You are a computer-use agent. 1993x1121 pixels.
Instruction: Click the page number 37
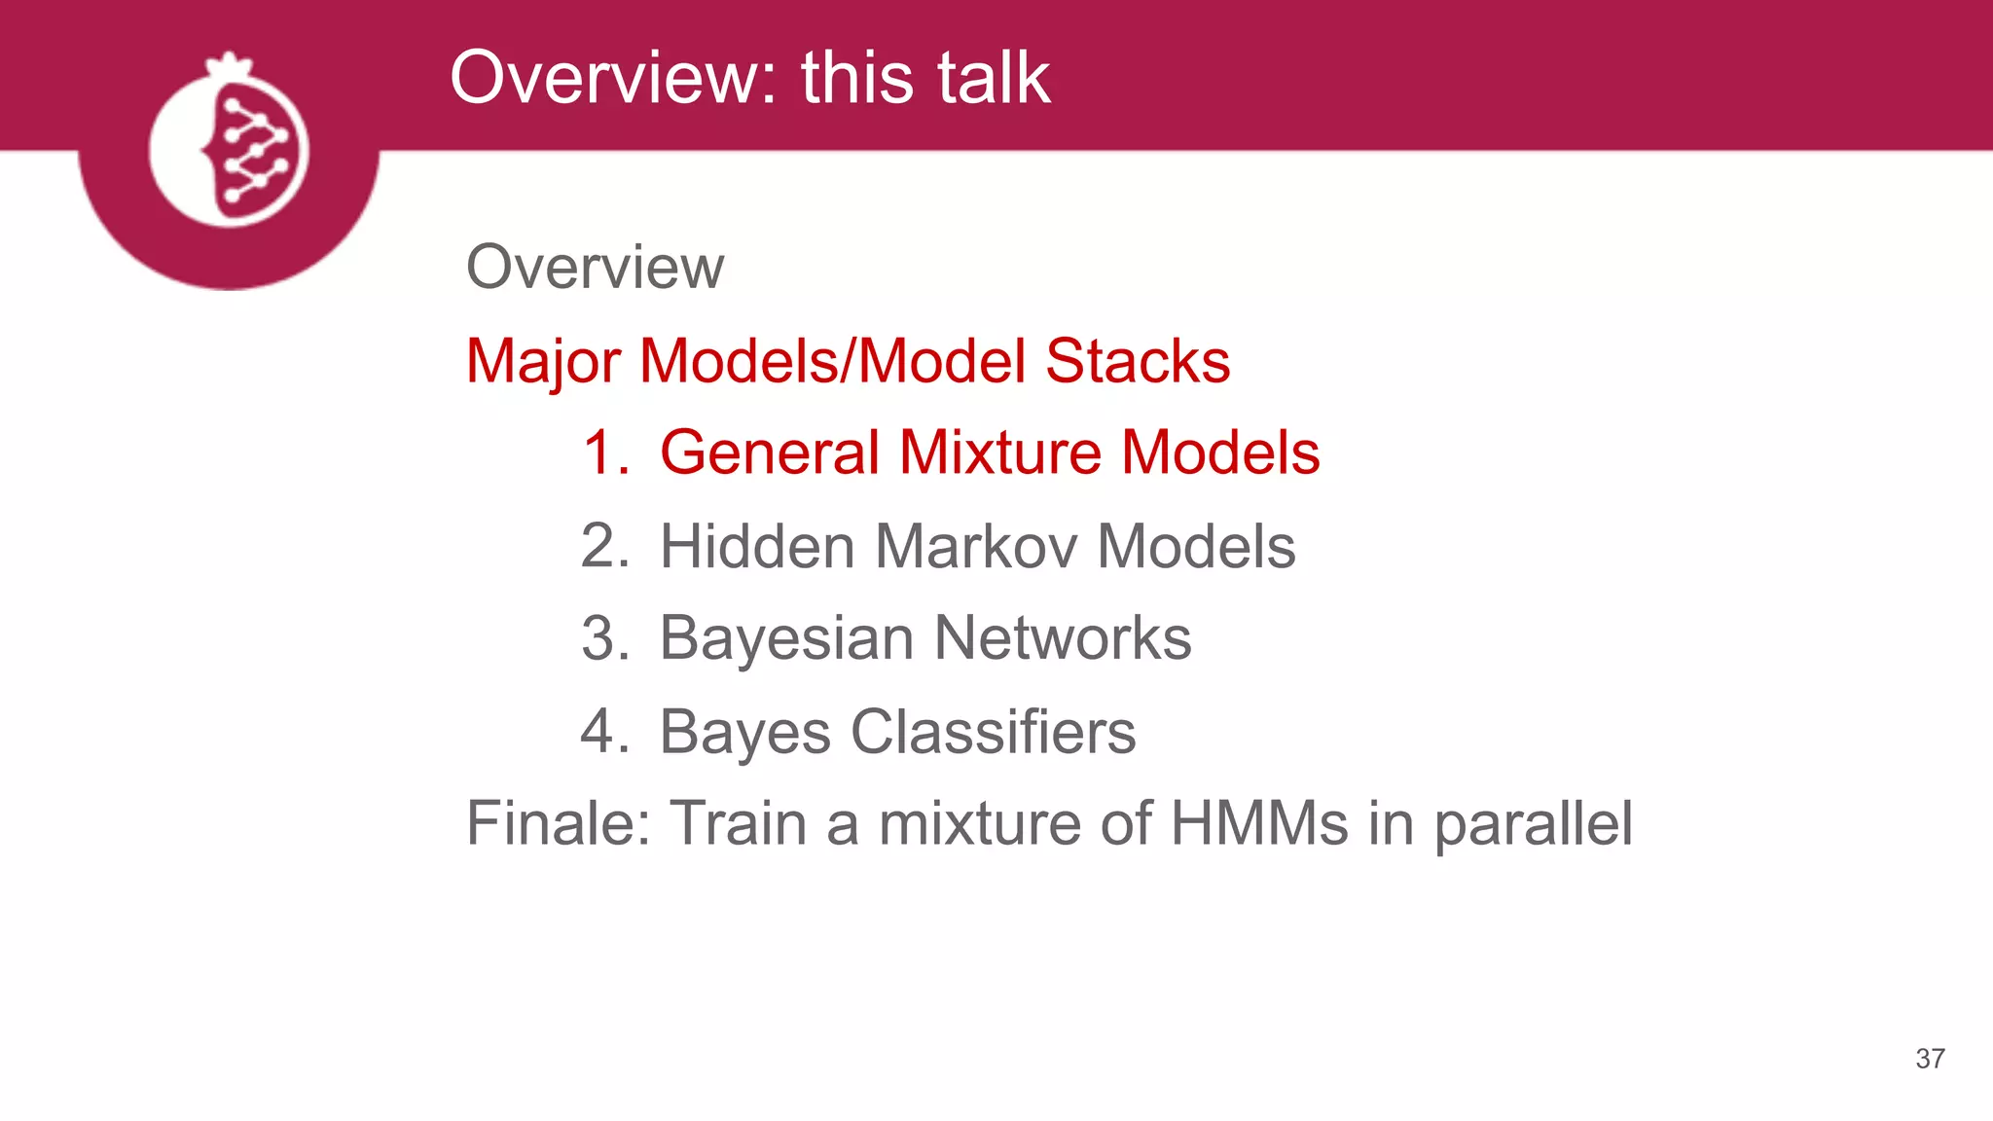point(1930,1059)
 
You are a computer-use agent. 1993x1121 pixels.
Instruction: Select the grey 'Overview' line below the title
point(595,267)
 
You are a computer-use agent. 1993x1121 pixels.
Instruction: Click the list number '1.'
point(605,452)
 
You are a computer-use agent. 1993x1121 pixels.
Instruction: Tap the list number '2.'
point(605,546)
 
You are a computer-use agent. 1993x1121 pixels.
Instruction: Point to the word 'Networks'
point(1063,639)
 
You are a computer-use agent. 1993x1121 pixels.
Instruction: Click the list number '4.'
point(605,732)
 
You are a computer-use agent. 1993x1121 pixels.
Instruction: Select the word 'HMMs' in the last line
point(1259,823)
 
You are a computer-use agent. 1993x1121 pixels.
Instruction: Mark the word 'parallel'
point(1533,825)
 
